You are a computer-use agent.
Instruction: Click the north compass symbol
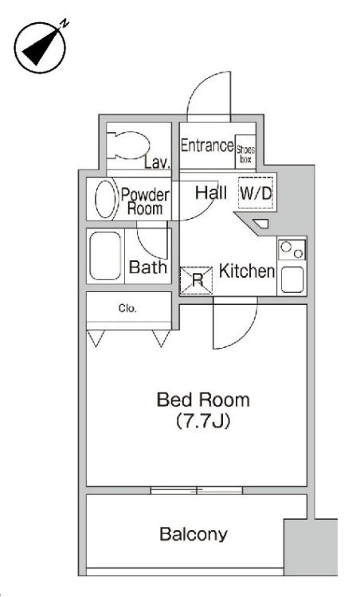40,47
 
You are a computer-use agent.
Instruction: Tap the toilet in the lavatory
127,145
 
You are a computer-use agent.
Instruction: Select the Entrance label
207,146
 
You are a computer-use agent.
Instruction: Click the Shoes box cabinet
246,151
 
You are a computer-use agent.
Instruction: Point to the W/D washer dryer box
256,193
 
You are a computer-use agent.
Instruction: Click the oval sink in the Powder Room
106,199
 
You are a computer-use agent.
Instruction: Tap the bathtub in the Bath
105,256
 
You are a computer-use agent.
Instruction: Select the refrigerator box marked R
196,280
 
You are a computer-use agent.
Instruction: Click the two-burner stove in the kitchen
292,250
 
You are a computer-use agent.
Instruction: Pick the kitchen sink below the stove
292,280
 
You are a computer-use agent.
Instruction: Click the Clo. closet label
127,308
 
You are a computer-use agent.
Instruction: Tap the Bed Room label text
203,400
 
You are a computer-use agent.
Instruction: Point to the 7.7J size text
203,421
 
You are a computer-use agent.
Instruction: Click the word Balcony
194,534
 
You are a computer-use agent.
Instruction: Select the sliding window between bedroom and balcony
197,490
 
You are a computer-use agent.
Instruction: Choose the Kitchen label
247,271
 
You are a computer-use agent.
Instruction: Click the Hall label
211,193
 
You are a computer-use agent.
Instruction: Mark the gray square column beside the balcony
311,547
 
